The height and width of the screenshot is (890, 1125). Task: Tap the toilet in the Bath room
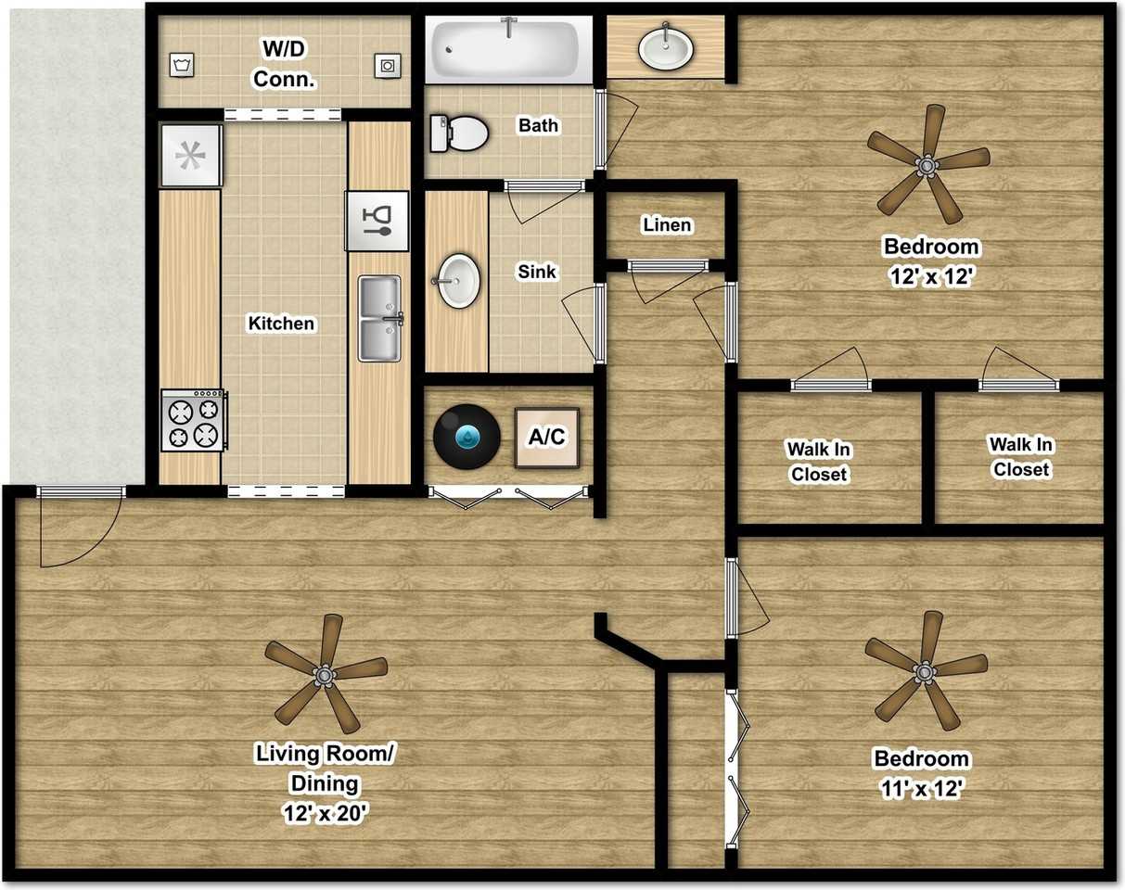459,133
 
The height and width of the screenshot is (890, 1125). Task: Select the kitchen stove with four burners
193,420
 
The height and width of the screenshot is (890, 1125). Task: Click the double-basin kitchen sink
379,318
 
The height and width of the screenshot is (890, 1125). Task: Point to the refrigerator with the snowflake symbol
191,156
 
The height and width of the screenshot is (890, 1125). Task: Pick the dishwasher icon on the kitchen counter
377,220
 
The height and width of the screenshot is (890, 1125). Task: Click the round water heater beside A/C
467,436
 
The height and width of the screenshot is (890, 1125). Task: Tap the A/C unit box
547,436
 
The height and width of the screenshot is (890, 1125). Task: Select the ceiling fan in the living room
326,674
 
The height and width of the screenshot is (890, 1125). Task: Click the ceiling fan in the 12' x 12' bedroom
925,165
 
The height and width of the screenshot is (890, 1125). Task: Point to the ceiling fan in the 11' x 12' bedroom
924,669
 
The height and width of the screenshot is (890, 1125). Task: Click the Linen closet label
666,225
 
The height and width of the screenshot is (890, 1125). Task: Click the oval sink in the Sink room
458,280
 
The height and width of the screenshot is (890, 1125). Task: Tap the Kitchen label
281,324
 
